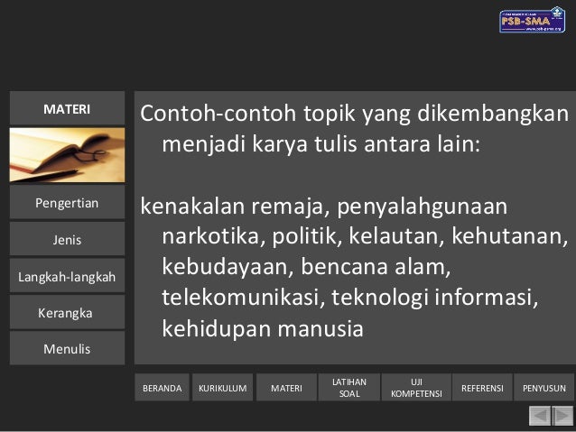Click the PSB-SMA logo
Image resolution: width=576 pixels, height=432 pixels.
tap(532, 20)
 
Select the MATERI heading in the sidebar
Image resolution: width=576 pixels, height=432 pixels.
tap(67, 109)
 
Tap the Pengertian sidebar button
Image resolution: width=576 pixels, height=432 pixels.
tap(67, 203)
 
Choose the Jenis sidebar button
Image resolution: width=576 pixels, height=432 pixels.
tap(67, 240)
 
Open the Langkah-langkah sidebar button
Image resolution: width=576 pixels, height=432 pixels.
tap(67, 277)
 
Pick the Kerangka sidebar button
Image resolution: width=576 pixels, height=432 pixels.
tap(67, 313)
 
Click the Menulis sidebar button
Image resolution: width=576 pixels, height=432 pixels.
tap(67, 349)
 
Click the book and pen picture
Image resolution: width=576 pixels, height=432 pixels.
tap(67, 155)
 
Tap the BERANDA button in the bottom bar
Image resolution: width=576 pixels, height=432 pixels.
tap(163, 389)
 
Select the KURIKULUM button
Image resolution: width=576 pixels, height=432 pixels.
tap(222, 389)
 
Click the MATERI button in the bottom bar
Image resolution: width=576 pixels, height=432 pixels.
tap(286, 389)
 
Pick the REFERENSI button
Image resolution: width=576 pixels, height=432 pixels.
tap(482, 389)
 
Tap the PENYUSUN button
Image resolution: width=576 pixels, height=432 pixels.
tap(544, 389)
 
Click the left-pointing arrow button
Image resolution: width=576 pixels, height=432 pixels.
tap(539, 416)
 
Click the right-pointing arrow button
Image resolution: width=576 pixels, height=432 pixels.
tap(562, 416)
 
